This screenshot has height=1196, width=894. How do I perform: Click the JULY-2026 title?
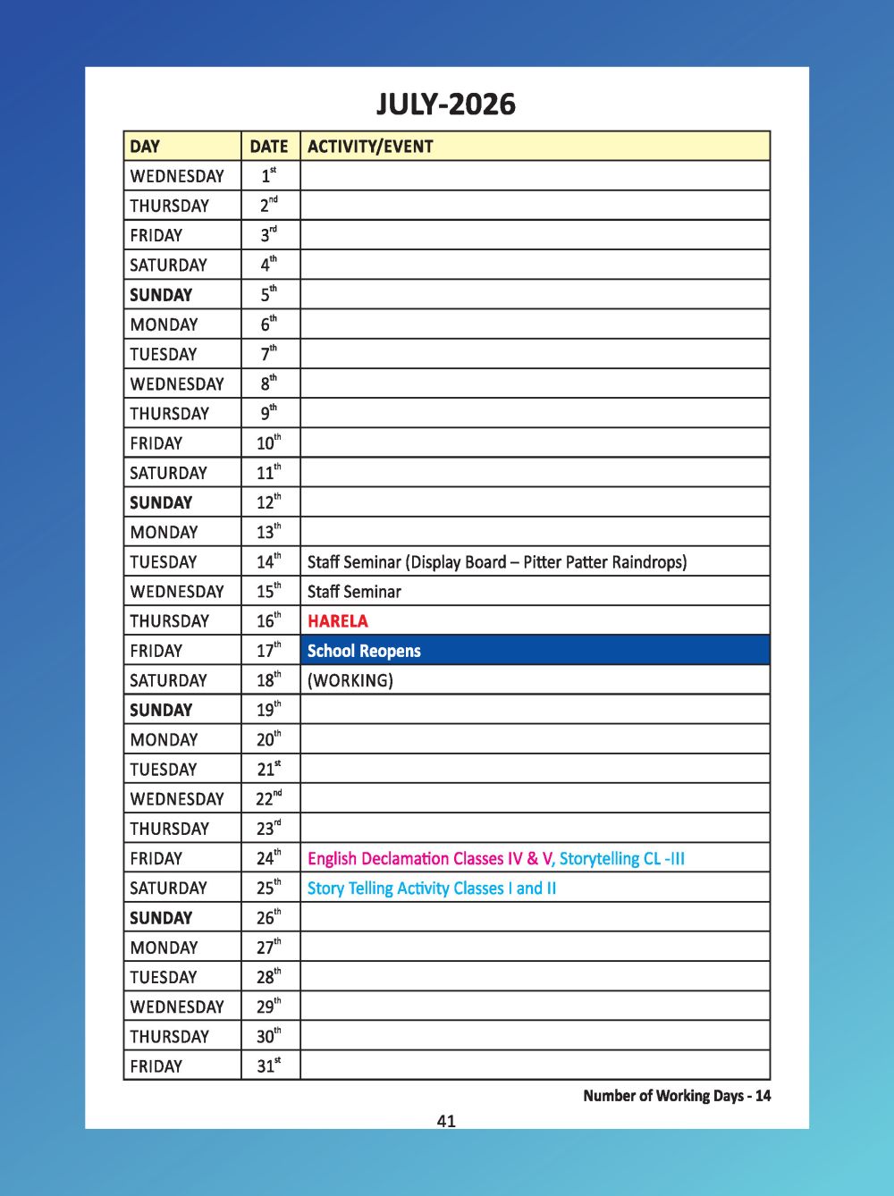point(445,105)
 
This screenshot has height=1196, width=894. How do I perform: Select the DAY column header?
point(145,147)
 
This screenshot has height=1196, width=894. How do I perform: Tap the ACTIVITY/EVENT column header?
point(370,147)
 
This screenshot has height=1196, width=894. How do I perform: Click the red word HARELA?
point(337,621)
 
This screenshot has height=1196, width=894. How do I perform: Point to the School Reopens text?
point(364,651)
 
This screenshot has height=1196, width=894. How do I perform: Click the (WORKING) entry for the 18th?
point(350,680)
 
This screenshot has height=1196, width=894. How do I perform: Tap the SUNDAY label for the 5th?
point(161,295)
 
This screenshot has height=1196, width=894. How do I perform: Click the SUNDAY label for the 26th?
point(161,918)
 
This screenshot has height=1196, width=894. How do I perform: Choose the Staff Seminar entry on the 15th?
point(354,592)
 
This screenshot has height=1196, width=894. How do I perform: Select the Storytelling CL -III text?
point(622,859)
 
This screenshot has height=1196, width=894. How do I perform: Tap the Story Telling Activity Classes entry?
point(431,889)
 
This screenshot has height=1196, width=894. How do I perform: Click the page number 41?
point(447,1121)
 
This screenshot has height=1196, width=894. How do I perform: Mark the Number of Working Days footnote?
point(677,1096)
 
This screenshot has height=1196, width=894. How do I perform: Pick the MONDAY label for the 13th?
point(164,533)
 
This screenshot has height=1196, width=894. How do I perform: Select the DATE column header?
point(269,147)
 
